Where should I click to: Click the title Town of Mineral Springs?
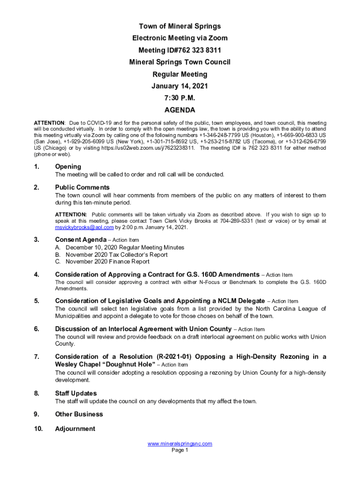click(180, 26)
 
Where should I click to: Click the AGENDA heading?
click(180, 110)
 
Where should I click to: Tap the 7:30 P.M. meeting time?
click(180, 98)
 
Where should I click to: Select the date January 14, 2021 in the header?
click(180, 86)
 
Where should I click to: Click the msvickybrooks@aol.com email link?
click(84, 227)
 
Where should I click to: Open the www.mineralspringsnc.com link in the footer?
click(180, 443)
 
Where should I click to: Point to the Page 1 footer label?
click(180, 450)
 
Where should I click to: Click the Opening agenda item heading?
click(68, 167)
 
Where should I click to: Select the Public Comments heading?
click(82, 188)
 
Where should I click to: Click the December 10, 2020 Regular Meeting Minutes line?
click(125, 247)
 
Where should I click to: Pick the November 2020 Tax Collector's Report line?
click(116, 254)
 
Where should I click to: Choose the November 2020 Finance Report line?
click(108, 261)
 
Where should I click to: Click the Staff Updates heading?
click(76, 393)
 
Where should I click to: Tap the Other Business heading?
click(79, 414)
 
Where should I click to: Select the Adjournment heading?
click(75, 428)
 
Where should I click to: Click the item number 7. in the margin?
click(36, 357)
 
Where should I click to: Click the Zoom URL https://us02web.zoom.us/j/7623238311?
click(147, 147)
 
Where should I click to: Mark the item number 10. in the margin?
click(38, 428)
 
